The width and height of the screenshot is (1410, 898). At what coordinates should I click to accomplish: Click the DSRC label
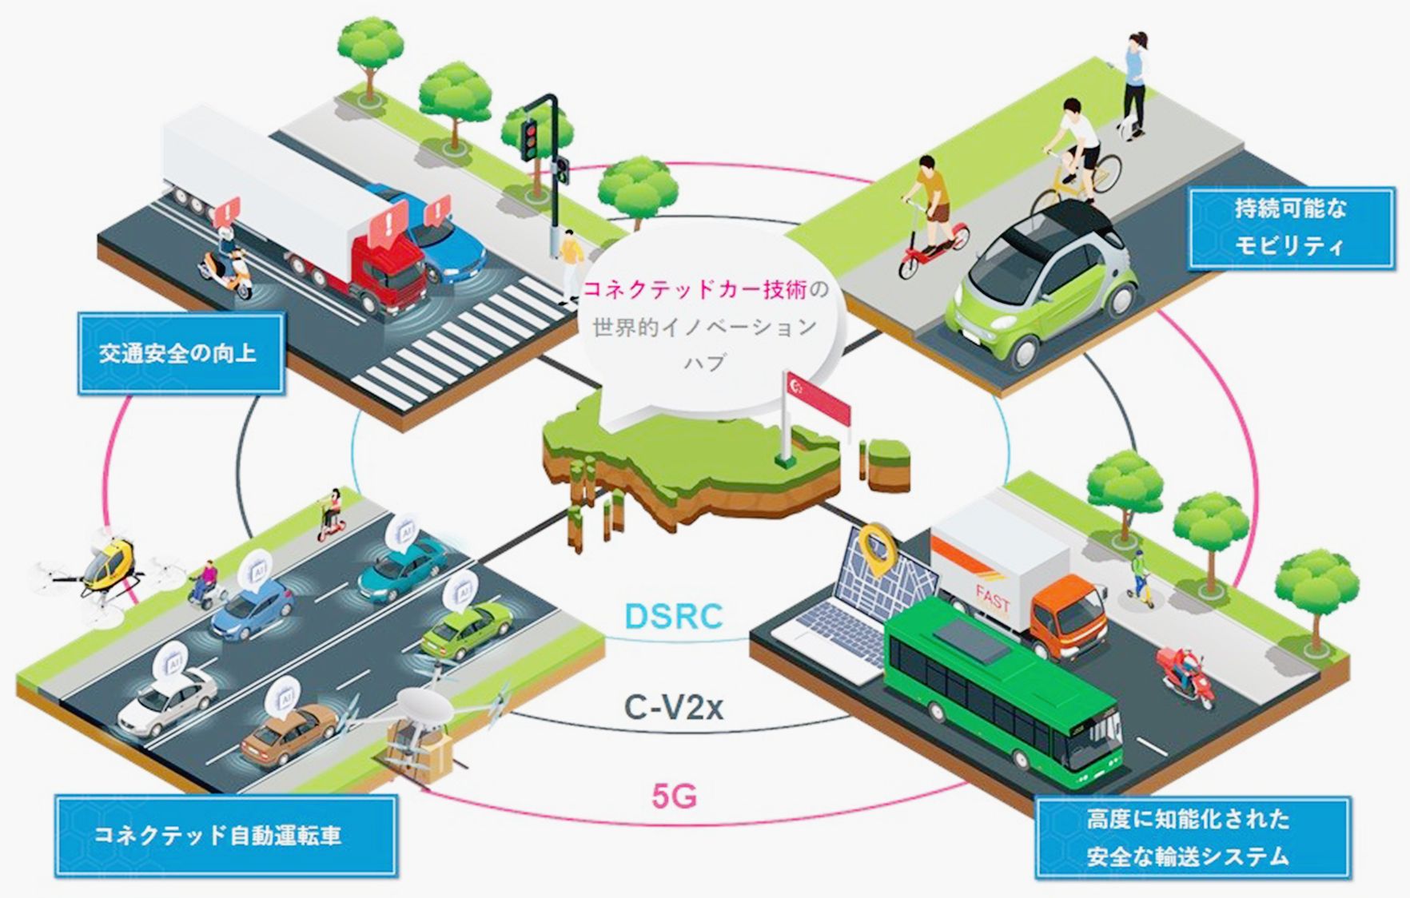tap(673, 616)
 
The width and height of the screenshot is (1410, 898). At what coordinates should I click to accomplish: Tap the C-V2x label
tap(673, 708)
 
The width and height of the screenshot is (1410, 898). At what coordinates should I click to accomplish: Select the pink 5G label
tap(674, 796)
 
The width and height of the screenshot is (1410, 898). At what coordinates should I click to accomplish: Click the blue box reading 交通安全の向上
tap(180, 353)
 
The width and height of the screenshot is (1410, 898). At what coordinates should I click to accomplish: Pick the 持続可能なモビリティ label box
tap(1290, 228)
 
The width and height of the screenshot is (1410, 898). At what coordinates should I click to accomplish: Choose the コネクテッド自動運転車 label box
tap(225, 836)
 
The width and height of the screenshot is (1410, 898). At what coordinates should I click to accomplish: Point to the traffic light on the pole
tap(530, 139)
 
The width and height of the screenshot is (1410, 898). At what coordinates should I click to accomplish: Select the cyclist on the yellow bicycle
tap(1075, 160)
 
